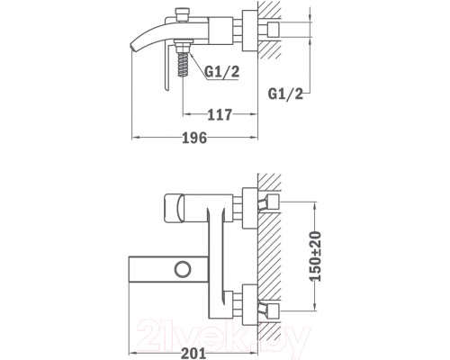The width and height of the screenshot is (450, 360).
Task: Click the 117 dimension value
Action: coord(220,114)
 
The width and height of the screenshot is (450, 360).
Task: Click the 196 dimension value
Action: coord(195,138)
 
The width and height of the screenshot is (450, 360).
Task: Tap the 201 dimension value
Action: coord(193,354)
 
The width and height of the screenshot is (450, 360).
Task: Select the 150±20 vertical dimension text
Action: coord(315,256)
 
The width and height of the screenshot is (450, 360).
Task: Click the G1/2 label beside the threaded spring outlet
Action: coord(222,72)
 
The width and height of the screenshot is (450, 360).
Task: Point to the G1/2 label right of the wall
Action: coord(285,94)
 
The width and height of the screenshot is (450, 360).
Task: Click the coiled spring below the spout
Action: coord(183,65)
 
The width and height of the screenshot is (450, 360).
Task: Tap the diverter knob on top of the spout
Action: coord(183,15)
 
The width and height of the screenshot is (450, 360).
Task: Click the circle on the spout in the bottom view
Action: coord(183,269)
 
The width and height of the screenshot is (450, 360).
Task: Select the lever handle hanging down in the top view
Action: coord(167,67)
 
